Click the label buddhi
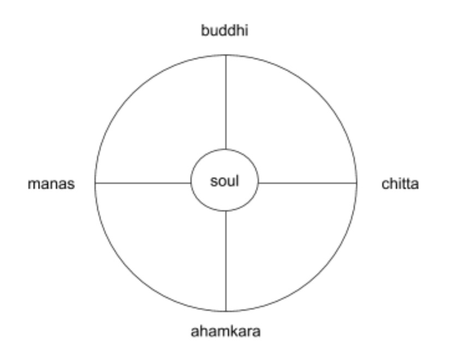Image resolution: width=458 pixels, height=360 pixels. pos(224,31)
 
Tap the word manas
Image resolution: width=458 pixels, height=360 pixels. pos(51,184)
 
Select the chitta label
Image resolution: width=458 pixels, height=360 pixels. pos(400,184)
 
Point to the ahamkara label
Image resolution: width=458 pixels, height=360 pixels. pos(225,332)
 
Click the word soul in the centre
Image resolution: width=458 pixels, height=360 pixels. pos(224,181)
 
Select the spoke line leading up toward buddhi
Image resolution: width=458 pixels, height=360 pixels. pos(226,102)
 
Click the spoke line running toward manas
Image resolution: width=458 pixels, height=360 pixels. pos(143,183)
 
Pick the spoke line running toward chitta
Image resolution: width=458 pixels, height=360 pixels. pos(307,183)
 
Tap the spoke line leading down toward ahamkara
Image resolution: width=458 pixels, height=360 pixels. pos(226,261)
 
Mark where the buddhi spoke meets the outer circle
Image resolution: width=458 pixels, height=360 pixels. pos(226,55)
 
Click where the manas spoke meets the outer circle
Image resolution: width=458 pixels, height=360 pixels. pos(95,183)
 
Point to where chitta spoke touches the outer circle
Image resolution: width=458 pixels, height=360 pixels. pos(356,183)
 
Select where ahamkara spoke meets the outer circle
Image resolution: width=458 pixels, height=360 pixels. pos(226,311)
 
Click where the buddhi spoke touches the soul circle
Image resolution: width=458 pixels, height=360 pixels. pos(226,149)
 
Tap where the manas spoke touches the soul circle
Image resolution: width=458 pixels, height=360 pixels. pos(191,183)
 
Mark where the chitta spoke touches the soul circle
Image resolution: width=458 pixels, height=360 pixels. pos(259,183)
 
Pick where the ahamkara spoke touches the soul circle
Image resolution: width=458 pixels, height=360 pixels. pos(226,211)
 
